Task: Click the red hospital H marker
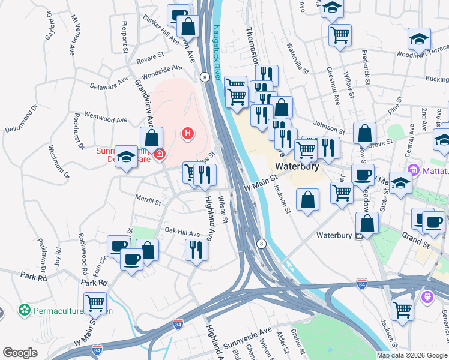(x=188, y=133)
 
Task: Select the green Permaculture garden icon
(x=25, y=310)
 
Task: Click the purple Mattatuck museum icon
(x=412, y=170)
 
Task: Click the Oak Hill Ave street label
(x=182, y=232)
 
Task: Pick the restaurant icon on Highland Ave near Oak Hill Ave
(x=196, y=249)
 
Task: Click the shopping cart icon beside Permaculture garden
(x=95, y=304)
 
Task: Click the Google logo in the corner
(x=20, y=353)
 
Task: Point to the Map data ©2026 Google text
(x=412, y=355)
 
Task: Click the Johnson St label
(x=329, y=128)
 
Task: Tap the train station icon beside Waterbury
(x=359, y=235)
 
